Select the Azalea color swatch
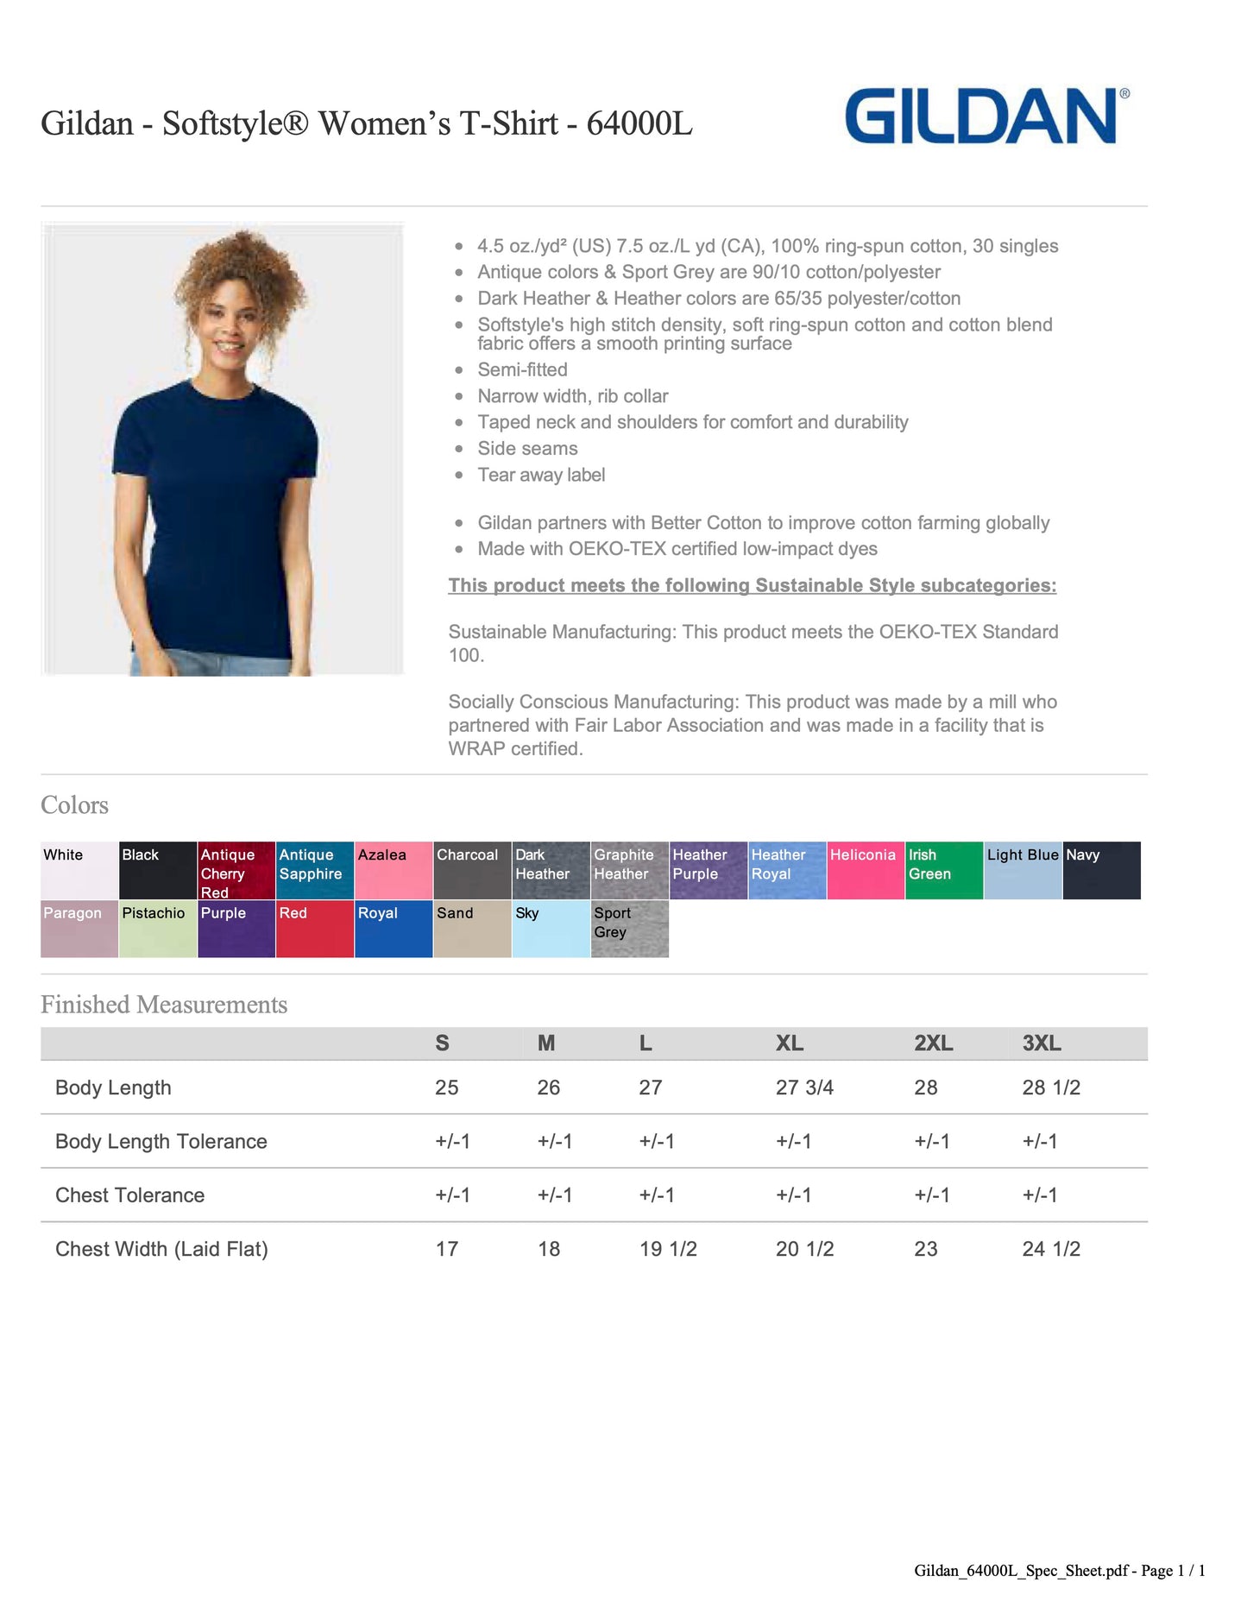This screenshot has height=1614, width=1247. click(394, 870)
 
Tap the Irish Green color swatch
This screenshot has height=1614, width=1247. click(944, 870)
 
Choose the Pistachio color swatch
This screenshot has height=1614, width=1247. click(158, 929)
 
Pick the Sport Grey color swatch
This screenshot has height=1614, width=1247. click(630, 929)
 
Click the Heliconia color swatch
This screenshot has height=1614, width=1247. click(866, 870)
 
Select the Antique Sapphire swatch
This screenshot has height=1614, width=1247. click(315, 870)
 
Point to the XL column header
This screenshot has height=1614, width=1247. click(790, 1043)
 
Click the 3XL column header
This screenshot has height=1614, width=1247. click(1042, 1043)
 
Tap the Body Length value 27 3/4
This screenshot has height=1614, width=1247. click(804, 1088)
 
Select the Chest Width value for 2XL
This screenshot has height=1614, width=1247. click(926, 1249)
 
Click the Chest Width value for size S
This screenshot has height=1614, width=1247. click(447, 1249)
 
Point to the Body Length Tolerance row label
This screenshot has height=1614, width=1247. click(161, 1141)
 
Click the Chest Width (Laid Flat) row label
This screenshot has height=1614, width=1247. click(161, 1249)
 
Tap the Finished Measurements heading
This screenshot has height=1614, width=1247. click(164, 1005)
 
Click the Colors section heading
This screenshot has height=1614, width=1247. click(75, 805)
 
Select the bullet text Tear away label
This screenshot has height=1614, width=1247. click(541, 475)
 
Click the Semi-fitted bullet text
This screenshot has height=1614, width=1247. click(522, 369)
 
